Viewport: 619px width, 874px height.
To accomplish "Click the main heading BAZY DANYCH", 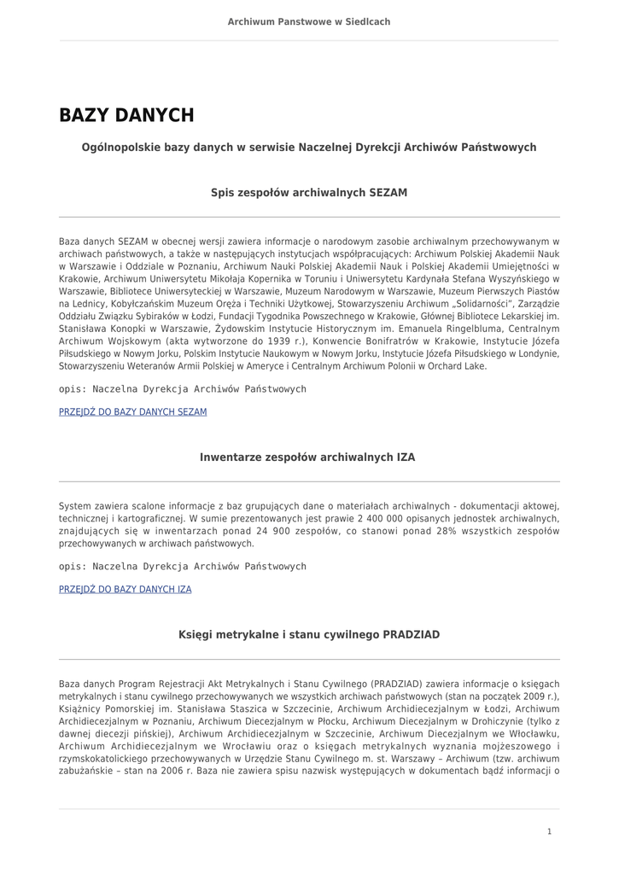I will click(126, 115).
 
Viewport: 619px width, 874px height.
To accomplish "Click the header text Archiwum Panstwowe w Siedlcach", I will click(309, 21).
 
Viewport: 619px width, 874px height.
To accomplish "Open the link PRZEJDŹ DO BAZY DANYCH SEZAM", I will click(132, 411).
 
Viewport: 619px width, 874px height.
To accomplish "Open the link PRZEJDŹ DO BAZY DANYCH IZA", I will click(125, 589).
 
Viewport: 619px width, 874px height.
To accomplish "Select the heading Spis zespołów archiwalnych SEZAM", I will click(309, 193).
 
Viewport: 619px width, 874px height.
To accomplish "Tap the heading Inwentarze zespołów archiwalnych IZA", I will click(307, 457).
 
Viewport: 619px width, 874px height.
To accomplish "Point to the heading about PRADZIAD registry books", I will click(309, 635).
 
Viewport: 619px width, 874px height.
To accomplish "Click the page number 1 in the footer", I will click(549, 830).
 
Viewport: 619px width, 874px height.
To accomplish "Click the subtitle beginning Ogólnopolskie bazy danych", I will click(309, 148).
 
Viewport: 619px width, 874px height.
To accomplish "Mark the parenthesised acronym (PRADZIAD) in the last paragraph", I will click(395, 684).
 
